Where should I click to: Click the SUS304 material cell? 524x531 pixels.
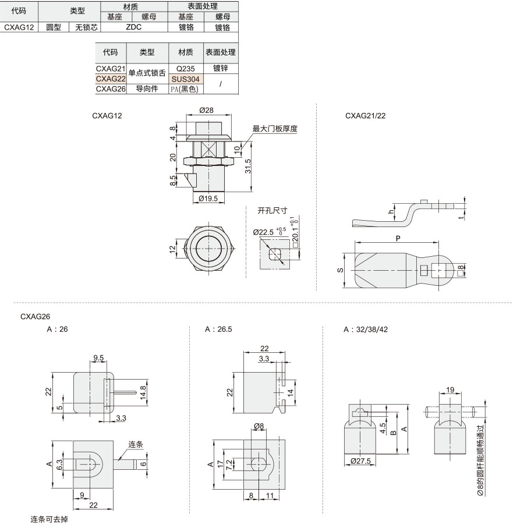(x=186, y=79)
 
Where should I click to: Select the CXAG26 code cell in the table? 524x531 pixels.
(x=111, y=89)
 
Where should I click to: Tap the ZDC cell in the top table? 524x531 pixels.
(x=134, y=27)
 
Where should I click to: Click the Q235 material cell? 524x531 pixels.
(x=186, y=69)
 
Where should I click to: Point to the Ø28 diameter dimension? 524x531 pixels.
(x=206, y=110)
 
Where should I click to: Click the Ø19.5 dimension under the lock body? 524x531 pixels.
(x=208, y=199)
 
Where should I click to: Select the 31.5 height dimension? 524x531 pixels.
(x=248, y=167)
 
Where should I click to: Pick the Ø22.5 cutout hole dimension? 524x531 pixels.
(x=263, y=232)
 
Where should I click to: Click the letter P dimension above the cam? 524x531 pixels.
(x=398, y=238)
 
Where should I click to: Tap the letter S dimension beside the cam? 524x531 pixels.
(x=340, y=270)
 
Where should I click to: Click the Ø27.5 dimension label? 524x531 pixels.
(x=361, y=461)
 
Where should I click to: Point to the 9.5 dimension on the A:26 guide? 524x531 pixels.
(x=98, y=358)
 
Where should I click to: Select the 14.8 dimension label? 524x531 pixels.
(x=143, y=393)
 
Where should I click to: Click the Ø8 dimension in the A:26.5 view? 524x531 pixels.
(x=259, y=426)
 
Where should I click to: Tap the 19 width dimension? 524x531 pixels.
(x=450, y=390)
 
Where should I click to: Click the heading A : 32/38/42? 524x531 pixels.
(x=366, y=330)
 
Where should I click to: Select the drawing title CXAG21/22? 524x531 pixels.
(x=366, y=115)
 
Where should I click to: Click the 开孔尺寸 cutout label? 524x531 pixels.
(x=272, y=211)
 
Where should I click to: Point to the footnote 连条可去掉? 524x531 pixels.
(x=49, y=519)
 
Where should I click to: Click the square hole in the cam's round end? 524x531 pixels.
(x=439, y=271)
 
